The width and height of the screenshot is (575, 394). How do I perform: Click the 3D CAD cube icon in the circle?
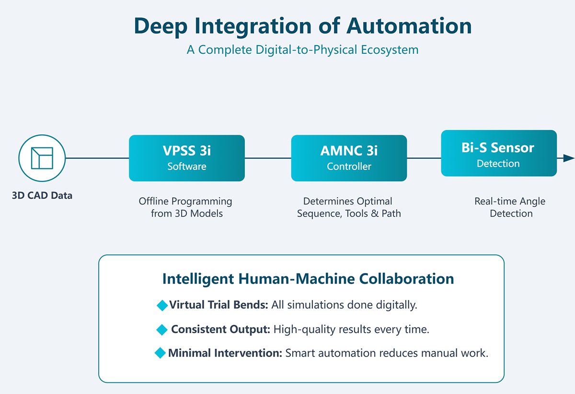click(x=42, y=158)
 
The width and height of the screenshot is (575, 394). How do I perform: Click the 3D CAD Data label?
click(x=42, y=195)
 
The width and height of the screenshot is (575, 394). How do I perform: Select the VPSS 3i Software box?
click(x=186, y=158)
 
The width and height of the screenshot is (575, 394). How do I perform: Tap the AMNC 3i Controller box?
click(x=349, y=158)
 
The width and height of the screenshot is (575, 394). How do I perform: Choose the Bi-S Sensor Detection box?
click(x=498, y=153)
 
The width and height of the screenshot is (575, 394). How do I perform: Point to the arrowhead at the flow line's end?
click(x=568, y=158)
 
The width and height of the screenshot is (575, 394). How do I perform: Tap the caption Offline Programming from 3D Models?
click(x=186, y=207)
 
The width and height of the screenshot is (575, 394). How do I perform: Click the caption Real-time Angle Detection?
click(x=510, y=207)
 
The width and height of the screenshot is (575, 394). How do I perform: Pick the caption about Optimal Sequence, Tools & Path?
click(x=349, y=207)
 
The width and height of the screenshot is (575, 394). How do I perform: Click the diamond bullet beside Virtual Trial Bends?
click(x=162, y=305)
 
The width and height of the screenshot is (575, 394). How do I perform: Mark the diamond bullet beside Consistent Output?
click(x=162, y=330)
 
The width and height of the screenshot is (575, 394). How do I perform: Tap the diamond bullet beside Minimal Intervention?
click(x=160, y=353)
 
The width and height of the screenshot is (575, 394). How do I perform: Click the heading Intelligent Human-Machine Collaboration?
click(x=308, y=279)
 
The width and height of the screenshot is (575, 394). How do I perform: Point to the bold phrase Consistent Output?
click(x=220, y=330)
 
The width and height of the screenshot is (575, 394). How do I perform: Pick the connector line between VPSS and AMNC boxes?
click(x=268, y=158)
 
